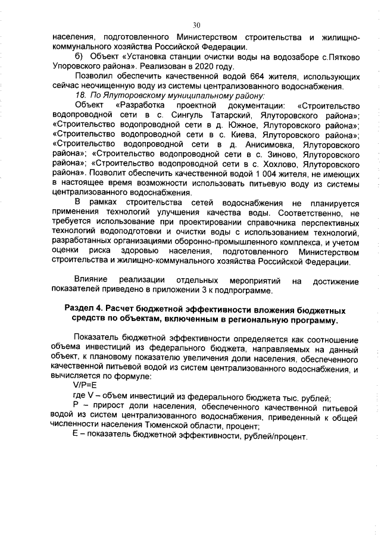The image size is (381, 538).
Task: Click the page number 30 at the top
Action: [196, 25]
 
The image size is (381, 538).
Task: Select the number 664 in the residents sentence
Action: [249, 77]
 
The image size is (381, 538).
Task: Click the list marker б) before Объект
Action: [79, 57]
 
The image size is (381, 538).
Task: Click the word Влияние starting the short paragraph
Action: [91, 280]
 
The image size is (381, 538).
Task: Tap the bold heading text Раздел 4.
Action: [85, 311]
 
